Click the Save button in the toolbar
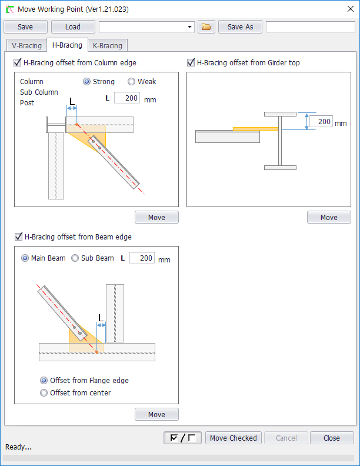25,26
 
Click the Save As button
241,26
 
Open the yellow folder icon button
206,26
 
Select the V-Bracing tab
26,45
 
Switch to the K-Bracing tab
108,45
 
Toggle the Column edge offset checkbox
18,62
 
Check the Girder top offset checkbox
191,62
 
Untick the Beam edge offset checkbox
18,237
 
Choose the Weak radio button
131,81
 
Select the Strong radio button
86,81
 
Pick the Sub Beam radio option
75,258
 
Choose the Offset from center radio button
44,392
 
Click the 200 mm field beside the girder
321,121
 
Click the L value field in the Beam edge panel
142,258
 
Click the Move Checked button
234,438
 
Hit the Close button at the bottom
332,438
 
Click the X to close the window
351,9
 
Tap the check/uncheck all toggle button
183,438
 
